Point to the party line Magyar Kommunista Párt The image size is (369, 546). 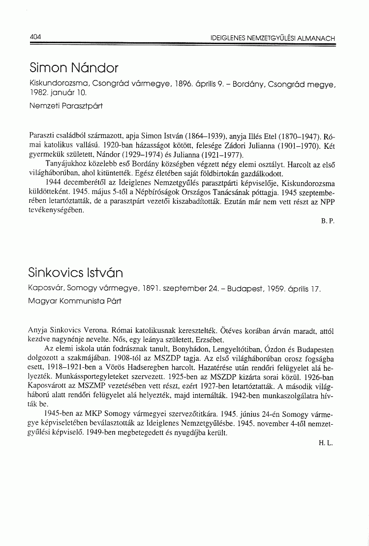click(x=75, y=300)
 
